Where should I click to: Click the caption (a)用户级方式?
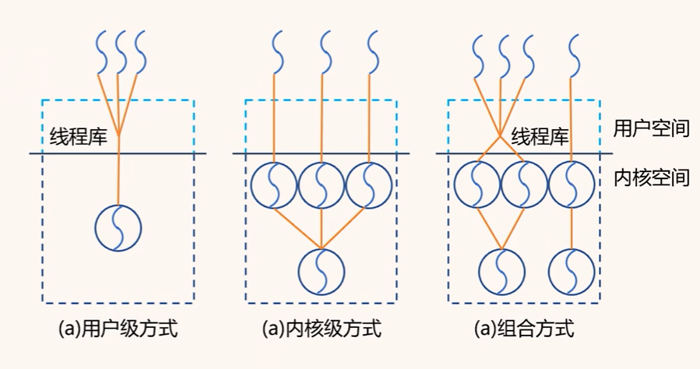[x=118, y=329]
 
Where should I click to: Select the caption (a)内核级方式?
[x=321, y=329]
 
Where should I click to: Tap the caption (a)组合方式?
[x=523, y=329]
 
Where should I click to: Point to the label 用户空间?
[x=652, y=128]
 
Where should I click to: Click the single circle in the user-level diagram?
[x=118, y=227]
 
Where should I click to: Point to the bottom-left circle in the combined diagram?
[x=501, y=270]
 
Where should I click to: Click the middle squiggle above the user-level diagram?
[x=120, y=51]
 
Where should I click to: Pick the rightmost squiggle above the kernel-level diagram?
[x=371, y=51]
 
